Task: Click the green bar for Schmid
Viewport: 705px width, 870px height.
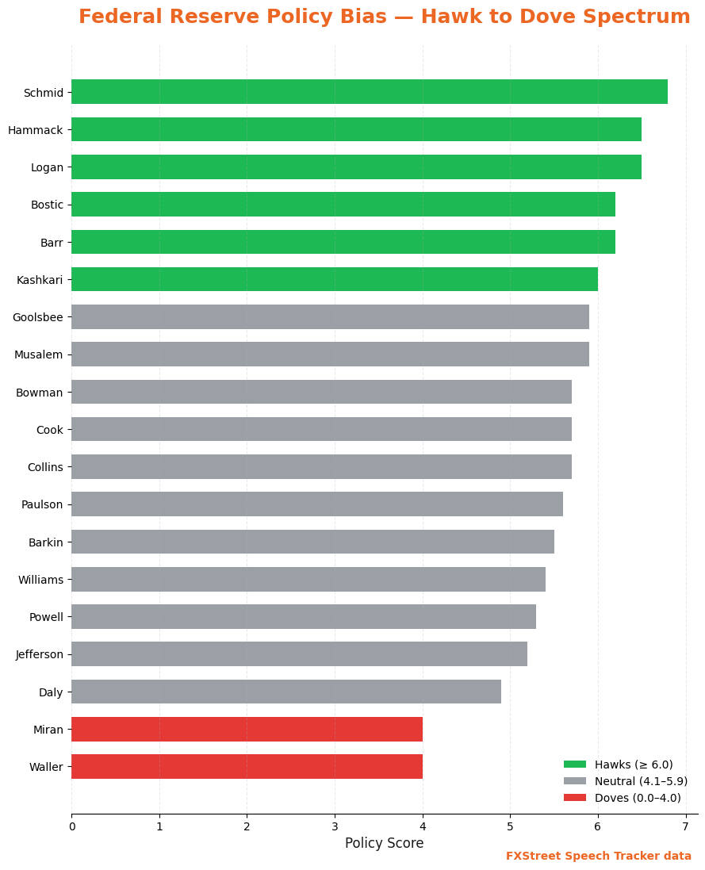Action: click(369, 91)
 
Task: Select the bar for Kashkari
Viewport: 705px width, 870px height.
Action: click(334, 279)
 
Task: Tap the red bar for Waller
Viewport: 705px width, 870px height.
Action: click(247, 766)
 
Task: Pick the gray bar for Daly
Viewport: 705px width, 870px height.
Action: click(285, 692)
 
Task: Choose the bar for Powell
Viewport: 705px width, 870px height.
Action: click(303, 616)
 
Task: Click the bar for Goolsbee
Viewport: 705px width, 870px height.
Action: click(330, 316)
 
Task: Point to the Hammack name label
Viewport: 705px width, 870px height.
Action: click(36, 129)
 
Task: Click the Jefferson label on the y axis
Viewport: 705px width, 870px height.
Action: click(39, 654)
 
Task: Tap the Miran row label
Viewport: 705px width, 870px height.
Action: click(48, 730)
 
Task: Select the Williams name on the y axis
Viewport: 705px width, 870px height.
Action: click(40, 580)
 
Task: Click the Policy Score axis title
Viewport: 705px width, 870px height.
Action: click(384, 843)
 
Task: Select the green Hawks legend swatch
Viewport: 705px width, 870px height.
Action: click(575, 765)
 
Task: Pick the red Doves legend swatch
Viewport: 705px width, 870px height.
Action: click(575, 798)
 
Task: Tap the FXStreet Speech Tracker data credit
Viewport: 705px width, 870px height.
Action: click(599, 856)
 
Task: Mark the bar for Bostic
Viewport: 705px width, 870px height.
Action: click(343, 204)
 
